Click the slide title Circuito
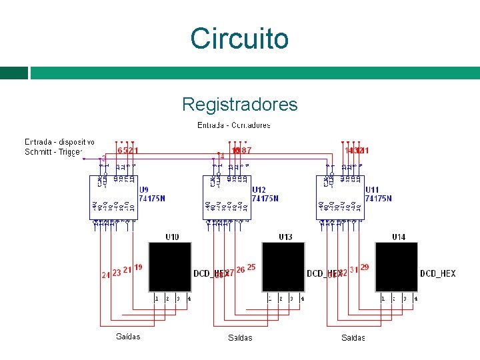(x=239, y=38)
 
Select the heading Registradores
(x=239, y=105)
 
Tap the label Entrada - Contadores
(x=234, y=125)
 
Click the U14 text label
(x=398, y=237)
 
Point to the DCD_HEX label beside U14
(x=438, y=273)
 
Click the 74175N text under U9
(x=153, y=198)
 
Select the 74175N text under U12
(x=266, y=198)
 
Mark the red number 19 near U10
(x=139, y=267)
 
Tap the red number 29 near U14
(x=365, y=267)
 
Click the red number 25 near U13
(x=251, y=267)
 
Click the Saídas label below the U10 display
(x=128, y=337)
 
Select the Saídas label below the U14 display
(x=353, y=337)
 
